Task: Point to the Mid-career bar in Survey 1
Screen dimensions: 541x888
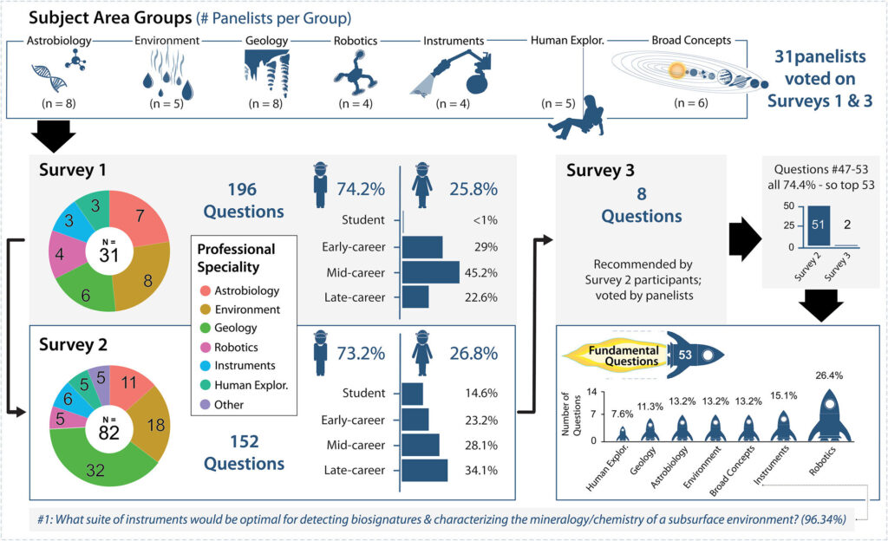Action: point(431,272)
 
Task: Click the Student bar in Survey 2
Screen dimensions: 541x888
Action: point(413,394)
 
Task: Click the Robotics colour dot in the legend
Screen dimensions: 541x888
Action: point(206,347)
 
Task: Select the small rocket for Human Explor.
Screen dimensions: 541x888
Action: point(621,433)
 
